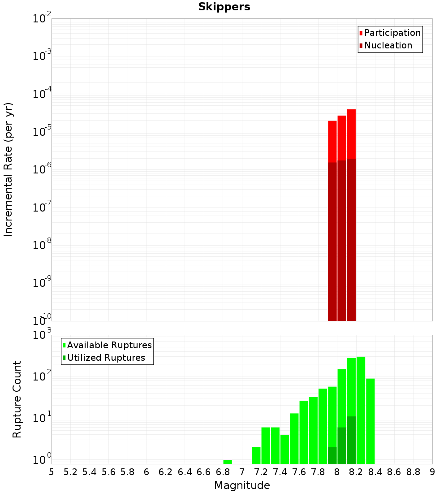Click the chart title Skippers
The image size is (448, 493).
[224, 7]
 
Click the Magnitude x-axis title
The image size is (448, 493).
[242, 485]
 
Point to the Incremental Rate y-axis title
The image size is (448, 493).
[9, 169]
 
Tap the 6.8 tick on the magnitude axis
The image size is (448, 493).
[223, 472]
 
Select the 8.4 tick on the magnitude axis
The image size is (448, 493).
[375, 472]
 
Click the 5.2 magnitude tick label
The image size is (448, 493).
[70, 472]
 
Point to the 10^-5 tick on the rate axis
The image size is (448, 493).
[42, 132]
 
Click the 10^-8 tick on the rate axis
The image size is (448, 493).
[42, 245]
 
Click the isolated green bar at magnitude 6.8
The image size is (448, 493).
[228, 462]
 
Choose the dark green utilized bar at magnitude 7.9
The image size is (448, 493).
[332, 455]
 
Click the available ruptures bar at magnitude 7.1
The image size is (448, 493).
[256, 455]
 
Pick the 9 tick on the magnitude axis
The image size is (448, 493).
[432, 472]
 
